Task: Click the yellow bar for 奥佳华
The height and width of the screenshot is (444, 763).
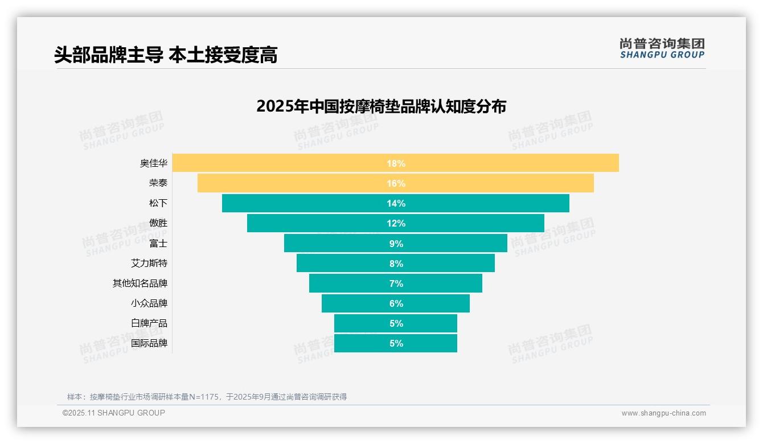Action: coord(285,163)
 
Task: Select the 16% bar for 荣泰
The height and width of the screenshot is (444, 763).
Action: coord(296,183)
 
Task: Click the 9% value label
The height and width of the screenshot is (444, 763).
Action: coord(396,244)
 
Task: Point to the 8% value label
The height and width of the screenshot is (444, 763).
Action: coord(396,264)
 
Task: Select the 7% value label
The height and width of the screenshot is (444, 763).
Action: coord(396,283)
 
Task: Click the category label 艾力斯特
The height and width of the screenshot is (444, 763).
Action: coord(149,264)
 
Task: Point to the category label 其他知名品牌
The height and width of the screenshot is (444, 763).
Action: coord(140,283)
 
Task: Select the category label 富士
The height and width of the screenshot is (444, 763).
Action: coord(158,244)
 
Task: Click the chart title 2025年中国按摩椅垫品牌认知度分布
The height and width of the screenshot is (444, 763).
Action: coord(381,106)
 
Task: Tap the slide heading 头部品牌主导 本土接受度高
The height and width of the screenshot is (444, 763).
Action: coord(166,55)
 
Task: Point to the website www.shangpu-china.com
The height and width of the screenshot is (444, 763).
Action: coord(663,413)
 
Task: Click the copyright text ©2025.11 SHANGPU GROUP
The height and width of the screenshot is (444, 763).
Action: coord(114,413)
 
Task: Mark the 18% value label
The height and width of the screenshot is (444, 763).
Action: coord(396,163)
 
